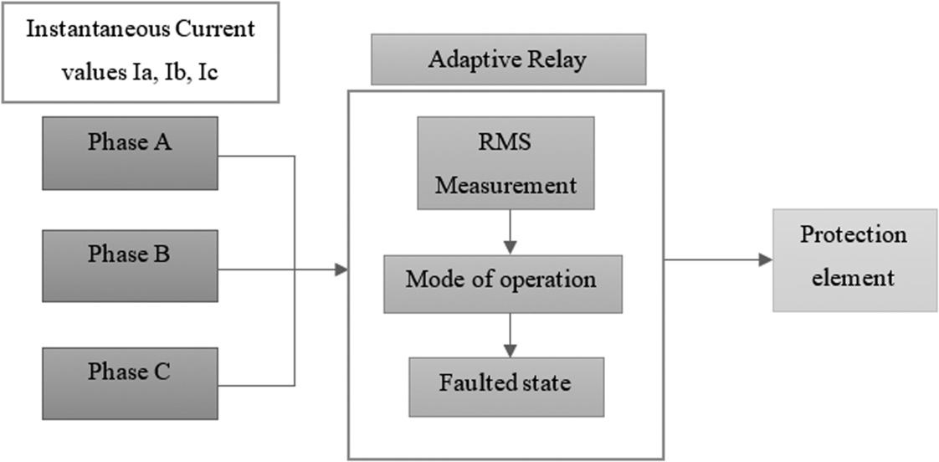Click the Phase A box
(130, 152)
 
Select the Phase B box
(130, 266)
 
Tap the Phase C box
(130, 383)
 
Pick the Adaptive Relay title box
(508, 59)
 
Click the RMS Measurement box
(505, 162)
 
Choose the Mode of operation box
(502, 285)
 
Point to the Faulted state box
(505, 387)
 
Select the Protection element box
(854, 259)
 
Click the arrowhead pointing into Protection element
(765, 260)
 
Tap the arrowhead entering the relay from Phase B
(341, 269)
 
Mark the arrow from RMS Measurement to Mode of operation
(509, 231)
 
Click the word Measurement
(505, 184)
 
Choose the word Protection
(853, 234)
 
